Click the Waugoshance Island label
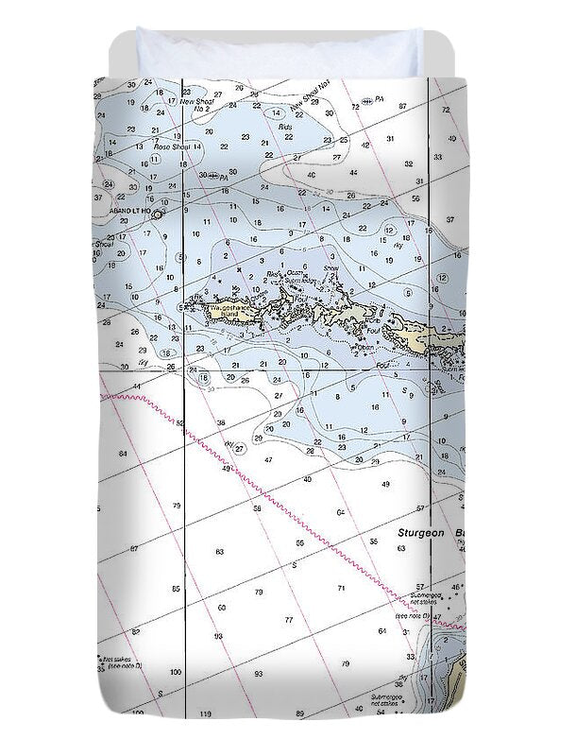coord(229,312)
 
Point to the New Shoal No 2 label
coord(199,104)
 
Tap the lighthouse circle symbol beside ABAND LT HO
coord(157,215)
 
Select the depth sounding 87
coord(403,106)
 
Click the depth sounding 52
coord(179,422)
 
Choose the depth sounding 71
coord(341,588)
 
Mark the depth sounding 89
coord(300,713)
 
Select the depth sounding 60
coord(221,608)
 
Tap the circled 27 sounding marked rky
coord(240,448)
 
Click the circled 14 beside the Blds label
coord(277,112)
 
